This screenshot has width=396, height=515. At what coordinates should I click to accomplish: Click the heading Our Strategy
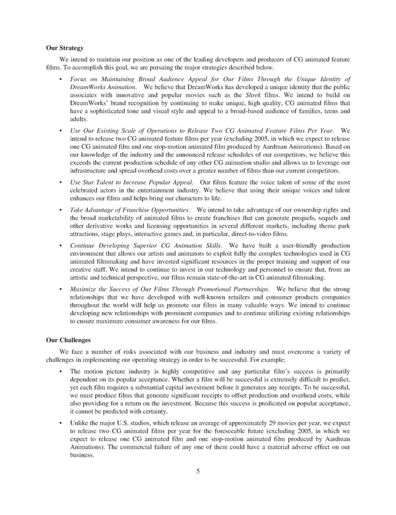(x=64, y=48)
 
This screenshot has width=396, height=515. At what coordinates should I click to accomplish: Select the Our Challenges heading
(x=67, y=341)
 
